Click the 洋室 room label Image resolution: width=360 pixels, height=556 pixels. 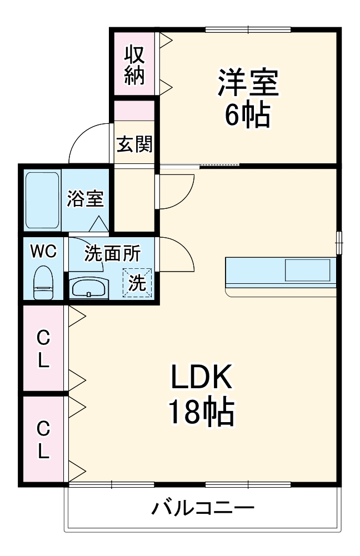pos(247,83)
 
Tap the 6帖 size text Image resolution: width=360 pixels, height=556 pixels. pos(247,115)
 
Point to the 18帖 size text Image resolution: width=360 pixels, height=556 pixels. pos(201,412)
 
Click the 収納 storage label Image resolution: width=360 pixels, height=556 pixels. pos(134,65)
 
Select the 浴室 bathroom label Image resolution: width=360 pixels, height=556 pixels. pos(85,199)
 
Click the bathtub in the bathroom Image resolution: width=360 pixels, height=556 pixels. pos(43,199)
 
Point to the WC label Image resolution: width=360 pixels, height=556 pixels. pos(43,252)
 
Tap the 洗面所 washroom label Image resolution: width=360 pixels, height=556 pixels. pos(112,253)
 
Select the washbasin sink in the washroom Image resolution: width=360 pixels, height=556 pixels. pos(88,288)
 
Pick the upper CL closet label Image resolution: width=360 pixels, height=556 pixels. pos(43,349)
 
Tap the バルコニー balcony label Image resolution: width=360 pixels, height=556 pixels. pos(203,507)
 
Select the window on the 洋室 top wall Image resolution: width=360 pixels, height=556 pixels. pos(248,29)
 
